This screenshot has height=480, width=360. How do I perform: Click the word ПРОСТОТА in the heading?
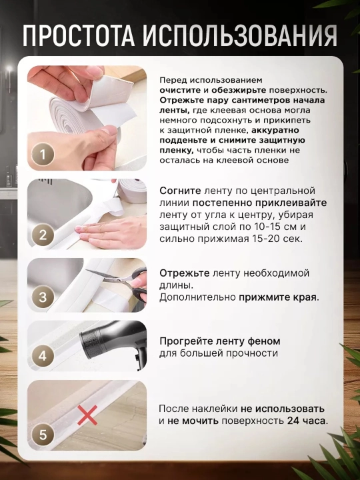[x=78, y=35]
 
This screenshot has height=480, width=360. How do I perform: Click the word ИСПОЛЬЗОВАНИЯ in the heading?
[x=241, y=35]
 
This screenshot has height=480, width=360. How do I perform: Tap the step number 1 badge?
[x=43, y=155]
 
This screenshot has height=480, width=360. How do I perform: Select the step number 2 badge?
[x=43, y=235]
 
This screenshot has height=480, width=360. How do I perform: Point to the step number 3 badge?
[x=43, y=297]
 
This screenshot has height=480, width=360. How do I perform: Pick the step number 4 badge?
[x=43, y=356]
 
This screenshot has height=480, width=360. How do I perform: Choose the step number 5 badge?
[x=43, y=435]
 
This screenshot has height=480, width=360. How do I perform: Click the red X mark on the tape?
[x=87, y=415]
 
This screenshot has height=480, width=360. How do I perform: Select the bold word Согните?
[x=180, y=191]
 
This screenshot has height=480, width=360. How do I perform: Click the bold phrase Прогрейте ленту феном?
[x=220, y=341]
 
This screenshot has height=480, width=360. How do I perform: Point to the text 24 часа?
[x=307, y=421]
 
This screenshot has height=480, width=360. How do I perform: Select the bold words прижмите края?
[x=279, y=297]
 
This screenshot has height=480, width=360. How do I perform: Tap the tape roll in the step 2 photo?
[x=132, y=191]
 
